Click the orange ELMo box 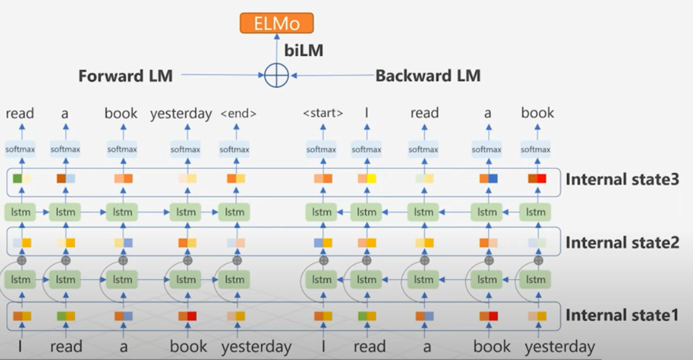[x=276, y=24]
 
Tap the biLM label [x=303, y=51]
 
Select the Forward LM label [x=125, y=76]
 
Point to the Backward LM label [x=428, y=76]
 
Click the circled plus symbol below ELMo [x=276, y=76]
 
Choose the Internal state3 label [x=622, y=179]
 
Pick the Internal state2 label [x=622, y=242]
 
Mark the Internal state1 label [x=622, y=315]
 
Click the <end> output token [x=238, y=114]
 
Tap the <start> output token [x=323, y=114]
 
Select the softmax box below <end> [x=235, y=149]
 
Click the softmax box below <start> [x=322, y=149]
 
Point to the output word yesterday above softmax [x=181, y=113]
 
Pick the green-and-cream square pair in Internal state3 [x=21, y=178]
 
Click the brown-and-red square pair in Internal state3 [x=537, y=178]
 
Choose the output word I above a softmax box [x=367, y=113]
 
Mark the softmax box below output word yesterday [x=185, y=149]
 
